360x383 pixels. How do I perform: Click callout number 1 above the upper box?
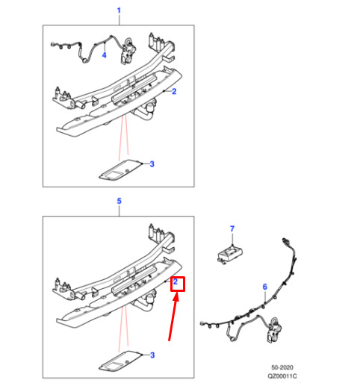point(119,10)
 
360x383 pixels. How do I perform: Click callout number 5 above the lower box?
point(119,201)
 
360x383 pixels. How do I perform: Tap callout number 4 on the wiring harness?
point(104,55)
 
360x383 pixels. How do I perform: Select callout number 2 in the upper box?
point(174,92)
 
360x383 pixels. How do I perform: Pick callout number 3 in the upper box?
point(152,164)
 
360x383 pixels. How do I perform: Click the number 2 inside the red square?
point(176,281)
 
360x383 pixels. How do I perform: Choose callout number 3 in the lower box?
point(152,355)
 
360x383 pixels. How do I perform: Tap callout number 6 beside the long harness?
point(265,287)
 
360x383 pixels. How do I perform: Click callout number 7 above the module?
point(232,228)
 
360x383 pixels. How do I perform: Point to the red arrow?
point(173,317)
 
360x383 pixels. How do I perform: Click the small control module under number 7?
point(230,253)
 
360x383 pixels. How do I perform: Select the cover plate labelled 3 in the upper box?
point(120,169)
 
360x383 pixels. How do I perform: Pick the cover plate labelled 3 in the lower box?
point(120,361)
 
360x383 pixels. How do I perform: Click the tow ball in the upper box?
point(151,107)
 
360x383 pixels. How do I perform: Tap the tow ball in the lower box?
point(151,298)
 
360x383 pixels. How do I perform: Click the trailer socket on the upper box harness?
point(128,51)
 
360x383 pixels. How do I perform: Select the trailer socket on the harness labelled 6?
point(275,330)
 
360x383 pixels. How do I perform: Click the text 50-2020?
point(282,367)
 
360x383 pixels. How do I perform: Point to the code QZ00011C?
point(282,376)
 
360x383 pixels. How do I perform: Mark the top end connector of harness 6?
point(285,241)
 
